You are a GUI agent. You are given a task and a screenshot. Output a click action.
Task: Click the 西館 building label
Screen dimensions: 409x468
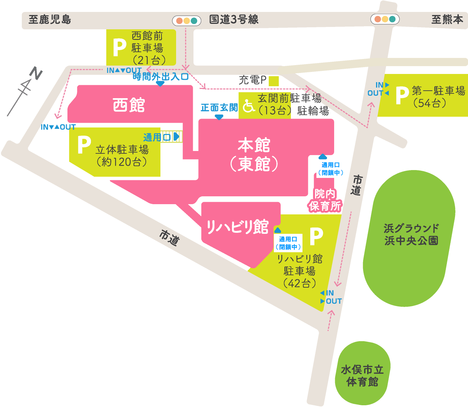point(129,105)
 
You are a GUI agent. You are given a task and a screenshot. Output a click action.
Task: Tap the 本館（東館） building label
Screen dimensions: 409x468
point(254,155)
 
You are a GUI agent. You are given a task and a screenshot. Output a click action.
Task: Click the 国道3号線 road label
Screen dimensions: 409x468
point(234,19)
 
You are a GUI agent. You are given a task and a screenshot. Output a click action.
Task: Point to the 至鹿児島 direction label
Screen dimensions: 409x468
point(50,19)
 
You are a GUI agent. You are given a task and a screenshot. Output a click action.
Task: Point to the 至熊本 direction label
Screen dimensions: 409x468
point(447,19)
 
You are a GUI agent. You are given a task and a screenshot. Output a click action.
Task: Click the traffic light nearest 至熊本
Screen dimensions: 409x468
point(385,19)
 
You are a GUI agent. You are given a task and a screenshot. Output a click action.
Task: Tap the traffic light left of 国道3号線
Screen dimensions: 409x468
point(187,21)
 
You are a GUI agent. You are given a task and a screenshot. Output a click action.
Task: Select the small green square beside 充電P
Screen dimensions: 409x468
point(274,81)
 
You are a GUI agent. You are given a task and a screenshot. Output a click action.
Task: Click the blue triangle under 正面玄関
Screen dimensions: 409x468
point(219,117)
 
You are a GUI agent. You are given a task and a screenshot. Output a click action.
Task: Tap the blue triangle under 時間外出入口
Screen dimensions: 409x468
point(160,84)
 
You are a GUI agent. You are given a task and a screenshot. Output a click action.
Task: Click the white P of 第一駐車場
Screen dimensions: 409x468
point(402,96)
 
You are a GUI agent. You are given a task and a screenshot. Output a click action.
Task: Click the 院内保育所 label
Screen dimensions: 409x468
point(325,200)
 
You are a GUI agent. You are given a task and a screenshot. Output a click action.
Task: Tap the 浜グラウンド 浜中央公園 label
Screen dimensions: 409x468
point(411,234)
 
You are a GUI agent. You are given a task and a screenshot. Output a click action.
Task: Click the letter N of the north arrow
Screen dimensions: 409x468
point(36,73)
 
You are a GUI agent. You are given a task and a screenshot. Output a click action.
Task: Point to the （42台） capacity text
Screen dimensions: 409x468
point(300,283)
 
